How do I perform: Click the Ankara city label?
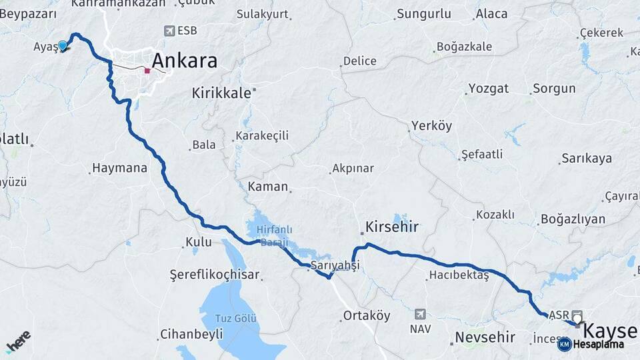(x=185, y=61)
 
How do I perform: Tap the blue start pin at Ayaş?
(x=63, y=45)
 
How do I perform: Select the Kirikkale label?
(x=221, y=93)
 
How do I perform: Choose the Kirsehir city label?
(x=392, y=227)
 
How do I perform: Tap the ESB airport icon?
(x=171, y=31)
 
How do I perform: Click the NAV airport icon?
(x=420, y=313)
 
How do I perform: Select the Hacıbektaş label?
(x=459, y=275)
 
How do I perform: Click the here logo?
(x=18, y=340)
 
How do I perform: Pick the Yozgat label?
(x=488, y=89)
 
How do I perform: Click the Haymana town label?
(x=120, y=168)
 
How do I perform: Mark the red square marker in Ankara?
(x=147, y=70)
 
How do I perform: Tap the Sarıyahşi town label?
(x=335, y=265)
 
